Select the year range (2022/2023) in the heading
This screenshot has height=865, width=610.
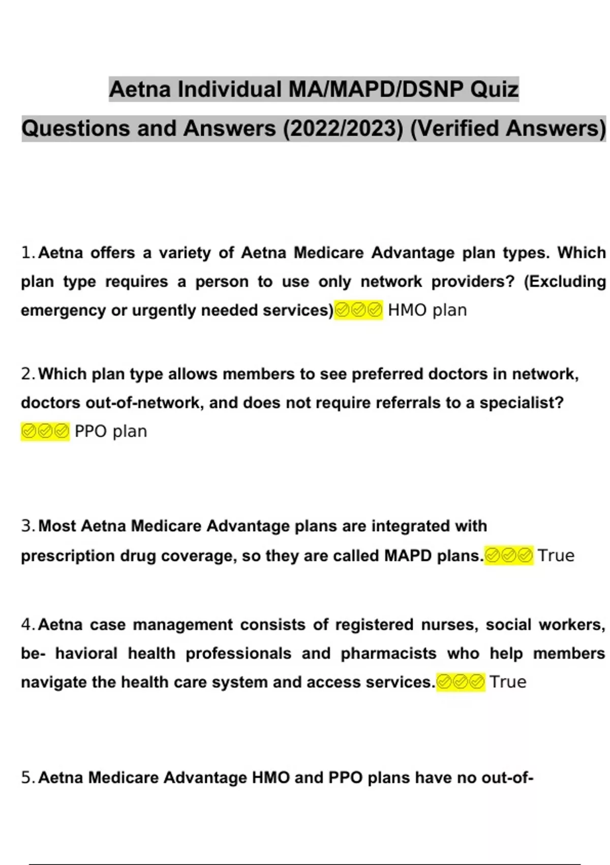point(343,129)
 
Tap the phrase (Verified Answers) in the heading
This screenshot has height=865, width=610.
point(507,129)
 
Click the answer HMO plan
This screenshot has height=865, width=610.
point(427,310)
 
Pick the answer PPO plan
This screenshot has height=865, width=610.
point(111,431)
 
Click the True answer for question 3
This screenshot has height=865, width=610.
point(556,555)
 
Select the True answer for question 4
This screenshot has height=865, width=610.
point(508,682)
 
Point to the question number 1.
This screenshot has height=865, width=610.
point(27,253)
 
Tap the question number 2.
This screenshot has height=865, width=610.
point(27,374)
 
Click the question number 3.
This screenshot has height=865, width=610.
point(27,526)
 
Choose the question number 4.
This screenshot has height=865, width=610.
point(27,624)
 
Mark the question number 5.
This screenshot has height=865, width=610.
point(27,777)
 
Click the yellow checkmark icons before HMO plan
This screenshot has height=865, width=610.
point(358,310)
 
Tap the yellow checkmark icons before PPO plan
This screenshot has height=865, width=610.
point(45,431)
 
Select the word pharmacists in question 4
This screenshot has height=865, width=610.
point(388,653)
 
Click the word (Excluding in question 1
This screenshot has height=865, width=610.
point(564,281)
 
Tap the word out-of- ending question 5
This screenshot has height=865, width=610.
point(507,777)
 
